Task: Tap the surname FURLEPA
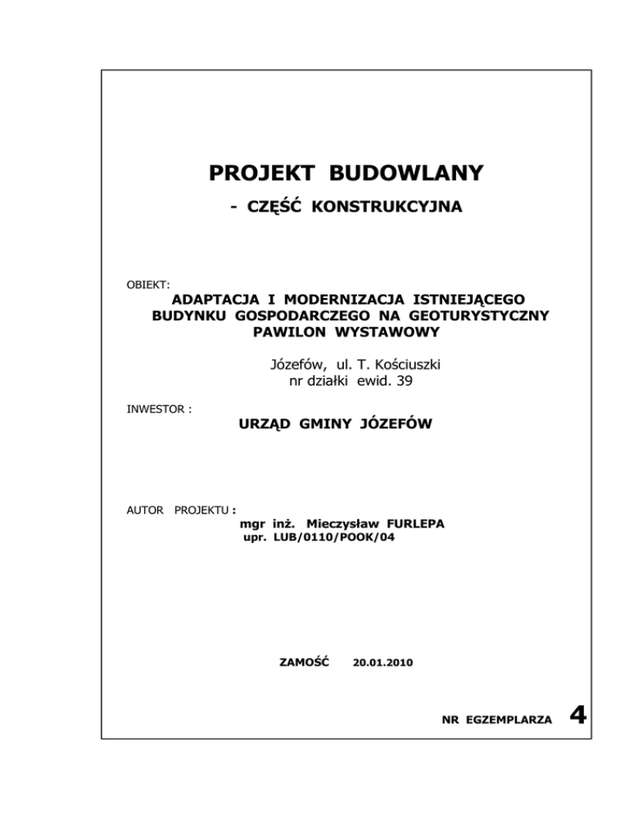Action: pyautogui.click(x=412, y=523)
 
